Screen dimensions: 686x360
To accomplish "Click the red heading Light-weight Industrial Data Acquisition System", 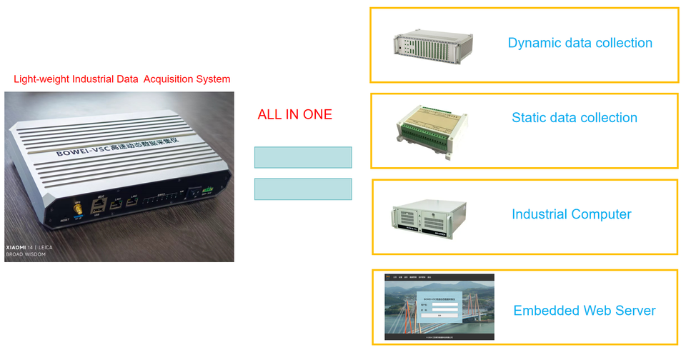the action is pyautogui.click(x=122, y=79).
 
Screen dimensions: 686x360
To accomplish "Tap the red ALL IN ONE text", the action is pyautogui.click(x=294, y=114).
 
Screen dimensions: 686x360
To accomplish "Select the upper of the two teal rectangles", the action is pyautogui.click(x=303, y=157).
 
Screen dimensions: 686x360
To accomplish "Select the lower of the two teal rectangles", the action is pyautogui.click(x=303, y=189).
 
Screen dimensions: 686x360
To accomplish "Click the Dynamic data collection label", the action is pyautogui.click(x=580, y=43).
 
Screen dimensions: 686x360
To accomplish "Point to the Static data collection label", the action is pyautogui.click(x=575, y=118).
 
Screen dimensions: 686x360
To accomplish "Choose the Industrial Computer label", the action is pyautogui.click(x=571, y=214).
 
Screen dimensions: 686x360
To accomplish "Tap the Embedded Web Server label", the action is pyautogui.click(x=584, y=311).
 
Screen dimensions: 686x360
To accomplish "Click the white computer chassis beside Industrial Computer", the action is pyautogui.click(x=428, y=216).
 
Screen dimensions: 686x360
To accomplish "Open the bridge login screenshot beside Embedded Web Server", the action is pyautogui.click(x=439, y=307).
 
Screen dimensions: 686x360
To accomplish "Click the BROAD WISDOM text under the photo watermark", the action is pyautogui.click(x=28, y=254).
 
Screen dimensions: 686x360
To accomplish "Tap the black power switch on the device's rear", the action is pyautogui.click(x=194, y=194).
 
